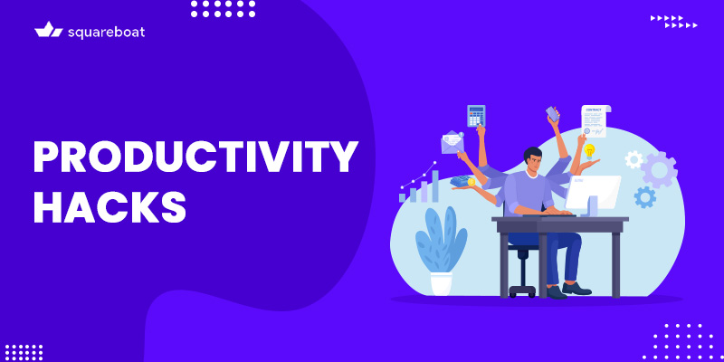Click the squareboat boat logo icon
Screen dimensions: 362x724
point(48,30)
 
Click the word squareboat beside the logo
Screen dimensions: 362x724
point(106,32)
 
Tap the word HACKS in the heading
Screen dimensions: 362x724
point(110,207)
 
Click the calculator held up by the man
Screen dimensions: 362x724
point(476,116)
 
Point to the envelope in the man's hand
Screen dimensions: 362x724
point(452,143)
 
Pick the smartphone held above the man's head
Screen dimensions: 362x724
point(552,114)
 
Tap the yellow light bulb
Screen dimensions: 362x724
point(589,150)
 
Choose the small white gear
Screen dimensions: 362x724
point(633,159)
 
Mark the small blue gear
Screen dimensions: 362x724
point(645,196)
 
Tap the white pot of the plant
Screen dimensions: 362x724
point(441,282)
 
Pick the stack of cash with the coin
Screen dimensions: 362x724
point(463,181)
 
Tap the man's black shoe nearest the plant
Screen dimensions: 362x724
point(554,291)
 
